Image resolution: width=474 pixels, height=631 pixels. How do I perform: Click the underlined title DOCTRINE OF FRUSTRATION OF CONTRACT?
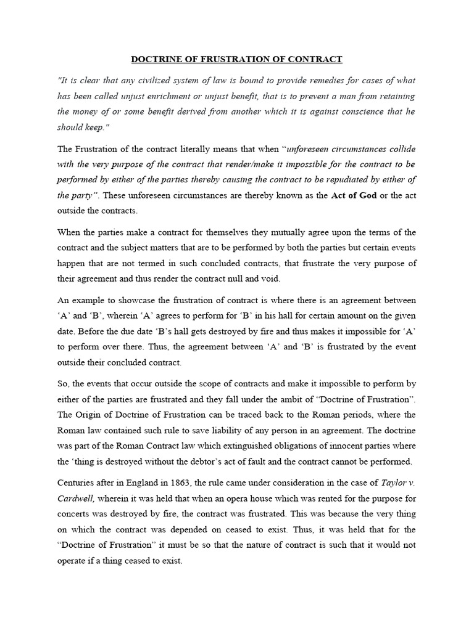[236, 60]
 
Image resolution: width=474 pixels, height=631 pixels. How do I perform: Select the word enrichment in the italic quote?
[208, 96]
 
